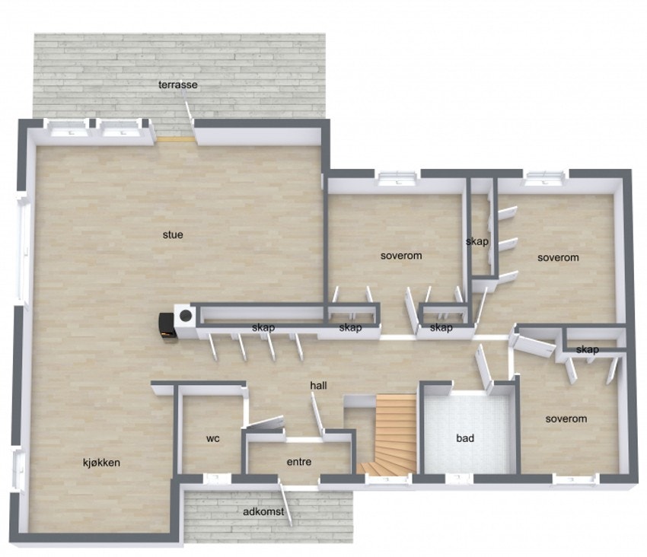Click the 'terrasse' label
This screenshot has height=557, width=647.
pyautogui.click(x=177, y=84)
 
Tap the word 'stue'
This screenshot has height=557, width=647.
pyautogui.click(x=173, y=234)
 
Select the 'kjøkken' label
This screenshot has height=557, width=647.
pyautogui.click(x=101, y=462)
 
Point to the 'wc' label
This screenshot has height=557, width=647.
pyautogui.click(x=212, y=439)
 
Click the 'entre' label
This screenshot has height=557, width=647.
pyautogui.click(x=299, y=462)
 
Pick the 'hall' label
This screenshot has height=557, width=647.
pyautogui.click(x=318, y=386)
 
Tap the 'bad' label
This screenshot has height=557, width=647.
pyautogui.click(x=465, y=438)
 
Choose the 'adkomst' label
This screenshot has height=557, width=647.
pyautogui.click(x=263, y=512)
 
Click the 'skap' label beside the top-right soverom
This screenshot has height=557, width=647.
pyautogui.click(x=476, y=242)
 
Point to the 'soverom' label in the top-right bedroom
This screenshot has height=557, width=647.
pyautogui.click(x=558, y=257)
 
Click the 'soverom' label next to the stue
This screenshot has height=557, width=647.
pyautogui.click(x=401, y=256)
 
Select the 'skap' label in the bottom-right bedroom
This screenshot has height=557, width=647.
pyautogui.click(x=587, y=349)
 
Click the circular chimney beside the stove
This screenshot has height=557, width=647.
pyautogui.click(x=185, y=315)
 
